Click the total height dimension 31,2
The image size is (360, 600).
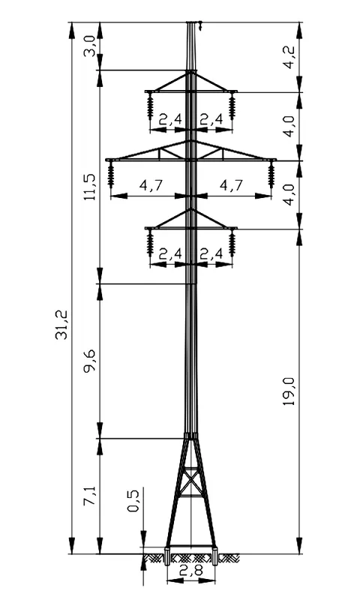tap(62, 325)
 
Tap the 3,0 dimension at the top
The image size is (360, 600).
tap(90, 46)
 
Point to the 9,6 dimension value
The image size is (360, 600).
tap(90, 361)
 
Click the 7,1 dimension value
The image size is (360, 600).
tap(90, 496)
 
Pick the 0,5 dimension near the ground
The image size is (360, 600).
tap(133, 501)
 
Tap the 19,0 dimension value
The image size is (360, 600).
tap(289, 391)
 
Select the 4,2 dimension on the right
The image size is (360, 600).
tap(289, 57)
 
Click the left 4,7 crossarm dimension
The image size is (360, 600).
tap(151, 185)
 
